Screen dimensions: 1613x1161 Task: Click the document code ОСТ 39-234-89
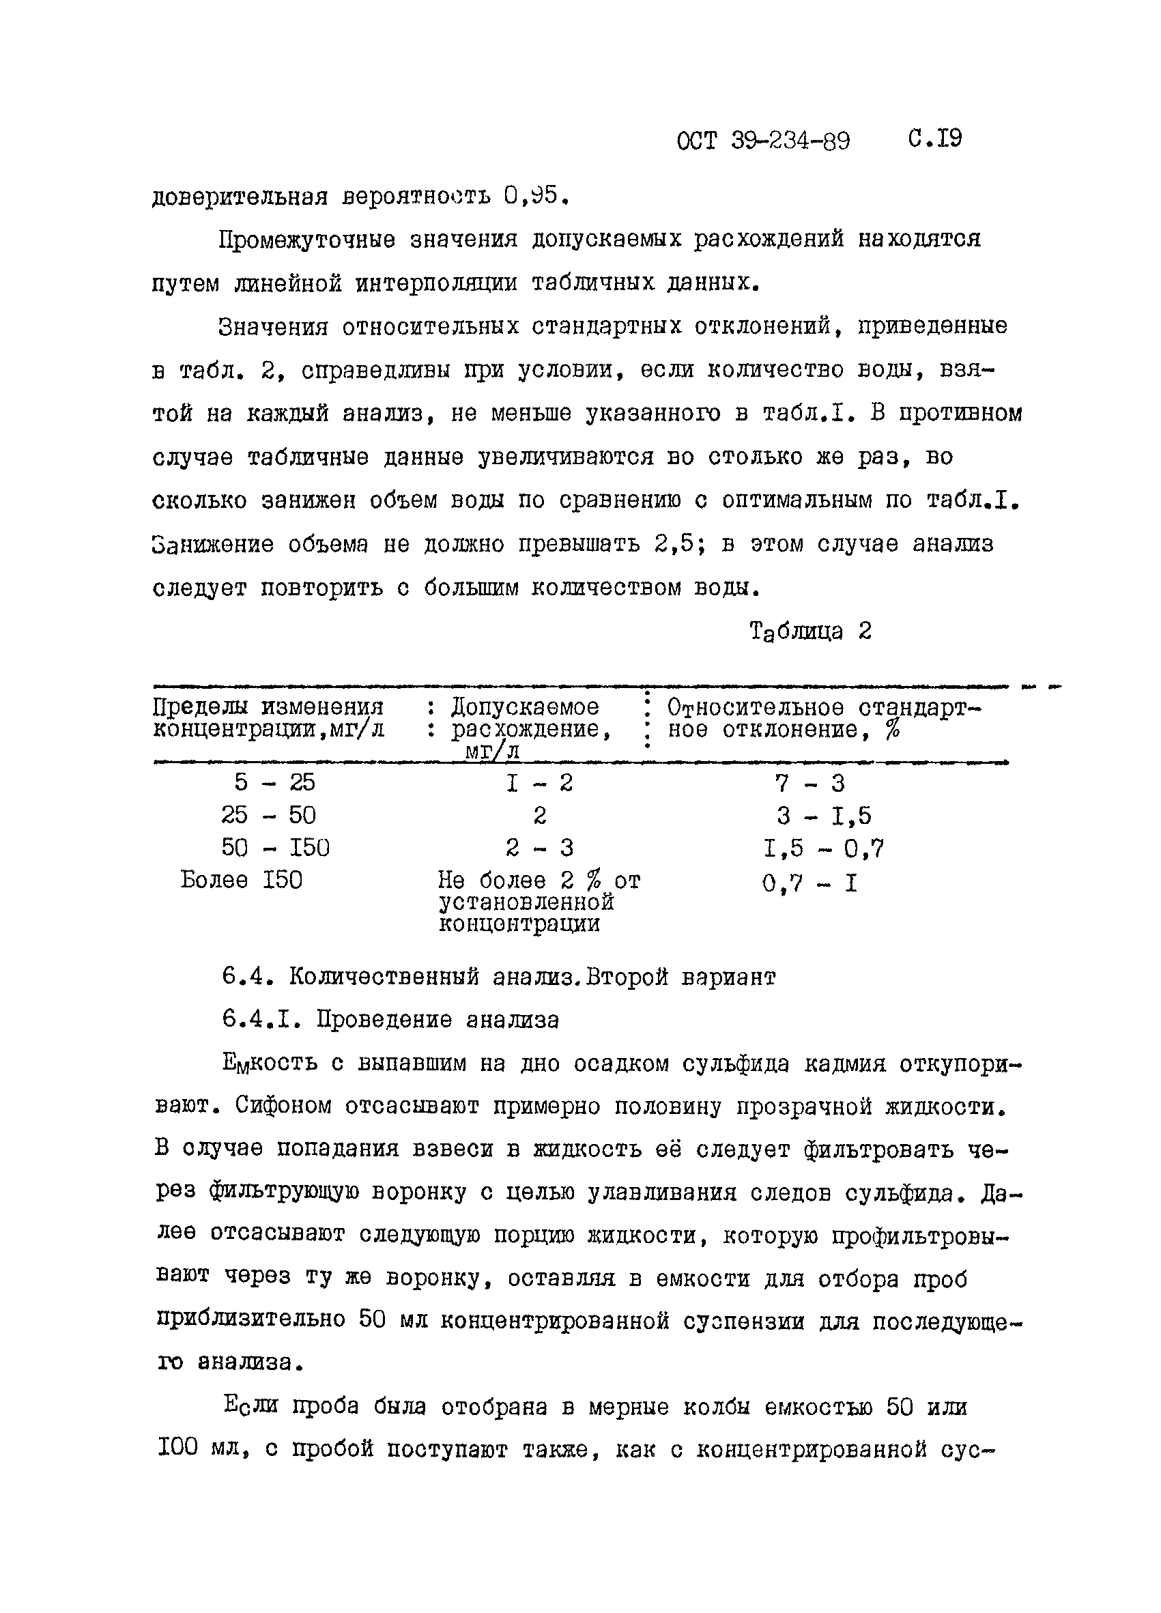(x=763, y=141)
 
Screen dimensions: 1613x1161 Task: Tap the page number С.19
(x=935, y=139)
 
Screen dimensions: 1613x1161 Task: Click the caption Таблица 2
(x=810, y=631)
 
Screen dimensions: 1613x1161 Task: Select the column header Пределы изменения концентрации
(x=269, y=718)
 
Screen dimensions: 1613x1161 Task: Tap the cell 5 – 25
(x=274, y=783)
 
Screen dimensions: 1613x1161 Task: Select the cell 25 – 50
(x=269, y=815)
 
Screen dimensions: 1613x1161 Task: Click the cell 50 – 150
(x=275, y=848)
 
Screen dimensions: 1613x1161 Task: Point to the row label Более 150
(x=242, y=881)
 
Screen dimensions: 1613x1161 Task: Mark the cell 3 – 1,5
(x=823, y=816)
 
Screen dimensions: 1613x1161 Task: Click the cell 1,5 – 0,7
(x=823, y=848)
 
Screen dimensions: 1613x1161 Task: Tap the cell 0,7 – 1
(x=809, y=884)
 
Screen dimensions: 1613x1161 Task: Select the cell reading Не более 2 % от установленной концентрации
(x=539, y=902)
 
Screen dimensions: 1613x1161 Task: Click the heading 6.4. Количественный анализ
(x=498, y=977)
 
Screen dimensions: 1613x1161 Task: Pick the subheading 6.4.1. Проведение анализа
(x=390, y=1020)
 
